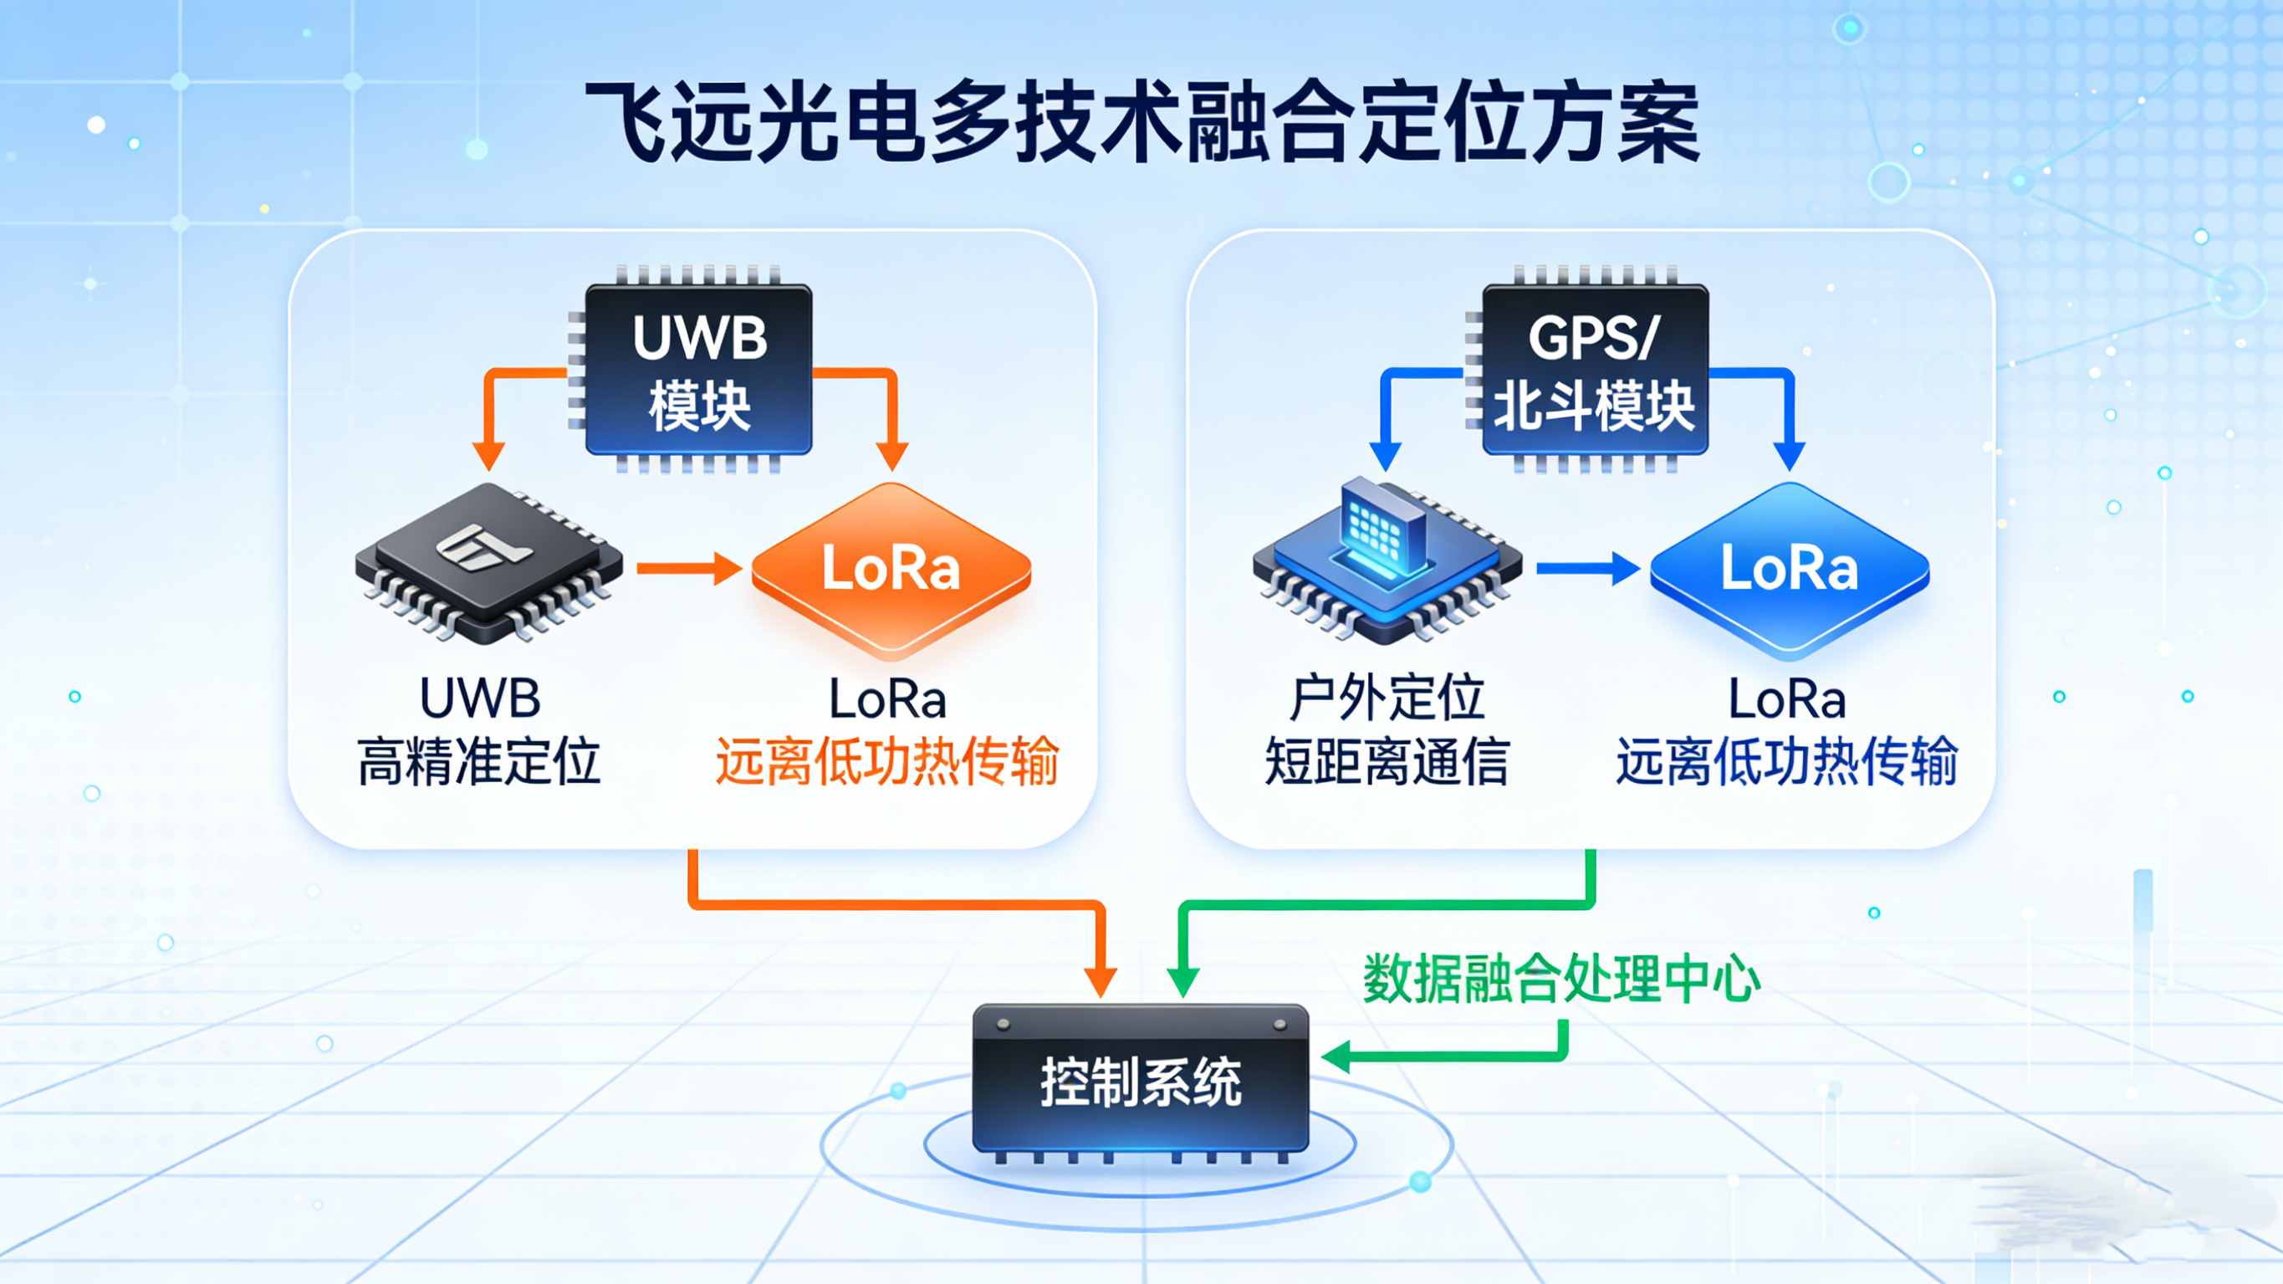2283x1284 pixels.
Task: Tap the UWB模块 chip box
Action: (x=699, y=370)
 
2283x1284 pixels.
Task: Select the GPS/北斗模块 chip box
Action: (x=1595, y=370)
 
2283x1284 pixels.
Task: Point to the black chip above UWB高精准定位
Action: (x=488, y=562)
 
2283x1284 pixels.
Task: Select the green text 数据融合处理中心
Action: (x=1560, y=979)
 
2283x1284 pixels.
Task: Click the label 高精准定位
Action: (x=479, y=762)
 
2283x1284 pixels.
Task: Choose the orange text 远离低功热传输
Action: (x=887, y=762)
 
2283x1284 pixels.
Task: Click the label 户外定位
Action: (x=1387, y=698)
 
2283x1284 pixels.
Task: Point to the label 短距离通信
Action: (x=1387, y=762)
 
